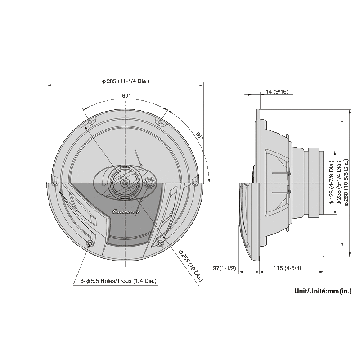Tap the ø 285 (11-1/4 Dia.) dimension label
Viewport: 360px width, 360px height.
point(126,81)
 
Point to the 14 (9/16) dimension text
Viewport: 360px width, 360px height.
point(277,91)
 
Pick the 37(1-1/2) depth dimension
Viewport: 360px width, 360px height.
point(225,268)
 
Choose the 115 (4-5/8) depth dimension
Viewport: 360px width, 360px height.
point(287,268)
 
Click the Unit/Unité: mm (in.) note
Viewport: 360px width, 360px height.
point(323,291)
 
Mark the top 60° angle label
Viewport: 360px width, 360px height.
point(126,96)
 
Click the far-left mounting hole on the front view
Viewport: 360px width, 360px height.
point(54,183)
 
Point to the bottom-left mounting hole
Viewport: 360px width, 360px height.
point(91,243)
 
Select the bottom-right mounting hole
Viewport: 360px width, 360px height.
point(160,243)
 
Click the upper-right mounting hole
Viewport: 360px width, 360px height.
point(160,121)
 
